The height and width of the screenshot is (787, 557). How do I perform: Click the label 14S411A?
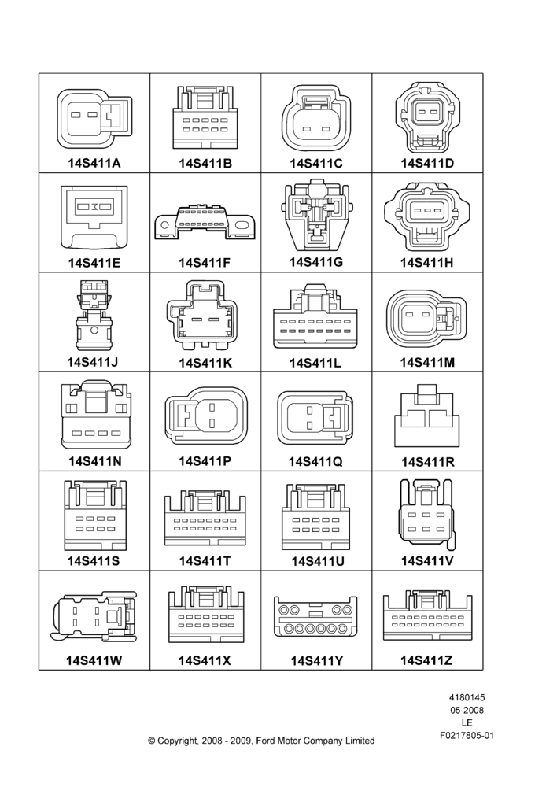[94, 163]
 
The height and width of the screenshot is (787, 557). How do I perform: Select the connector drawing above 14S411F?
[205, 221]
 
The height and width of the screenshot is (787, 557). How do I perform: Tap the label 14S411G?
[316, 262]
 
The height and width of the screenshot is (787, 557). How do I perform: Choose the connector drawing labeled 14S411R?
[427, 416]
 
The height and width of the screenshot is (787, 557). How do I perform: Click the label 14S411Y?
[316, 661]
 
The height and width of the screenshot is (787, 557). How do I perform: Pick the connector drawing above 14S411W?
[94, 616]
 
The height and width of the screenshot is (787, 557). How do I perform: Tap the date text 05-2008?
[467, 710]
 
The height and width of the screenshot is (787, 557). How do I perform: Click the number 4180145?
[467, 697]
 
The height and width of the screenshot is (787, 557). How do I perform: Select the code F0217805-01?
[467, 736]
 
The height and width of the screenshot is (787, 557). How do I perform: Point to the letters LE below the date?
[467, 723]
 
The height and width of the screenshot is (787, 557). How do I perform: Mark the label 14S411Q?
[315, 462]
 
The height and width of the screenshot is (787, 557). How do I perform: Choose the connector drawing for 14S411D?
[427, 117]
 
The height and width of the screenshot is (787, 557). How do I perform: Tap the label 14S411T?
[205, 561]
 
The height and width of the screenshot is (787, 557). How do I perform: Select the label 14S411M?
[427, 362]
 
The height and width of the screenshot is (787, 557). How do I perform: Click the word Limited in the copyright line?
[360, 741]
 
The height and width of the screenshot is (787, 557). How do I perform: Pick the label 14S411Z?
[426, 660]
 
